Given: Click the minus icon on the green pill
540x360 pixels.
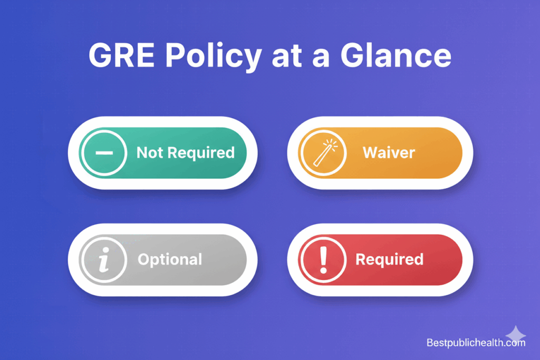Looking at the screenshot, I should tap(103, 153).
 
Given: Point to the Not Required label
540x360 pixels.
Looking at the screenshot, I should tap(185, 153).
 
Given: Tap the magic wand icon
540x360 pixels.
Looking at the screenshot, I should tap(323, 153).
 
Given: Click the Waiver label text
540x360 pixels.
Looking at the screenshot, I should tap(389, 153).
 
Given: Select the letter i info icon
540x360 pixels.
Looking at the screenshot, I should tap(103, 260).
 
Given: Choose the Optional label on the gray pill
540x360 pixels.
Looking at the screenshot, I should tap(169, 259).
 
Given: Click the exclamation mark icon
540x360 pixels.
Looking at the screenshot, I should tap(323, 260).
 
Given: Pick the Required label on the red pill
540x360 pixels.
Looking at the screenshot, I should tap(389, 259).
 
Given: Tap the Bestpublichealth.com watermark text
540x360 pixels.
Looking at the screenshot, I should tap(476, 343).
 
